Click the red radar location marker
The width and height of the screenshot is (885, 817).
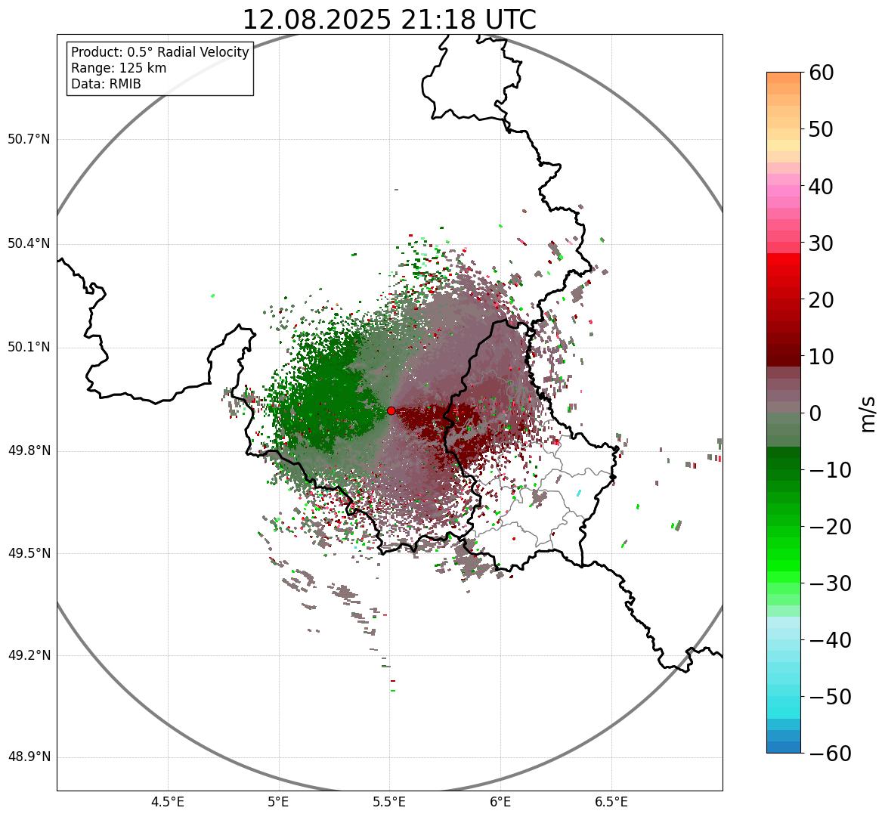[391, 410]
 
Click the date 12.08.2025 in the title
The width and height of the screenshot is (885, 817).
[317, 20]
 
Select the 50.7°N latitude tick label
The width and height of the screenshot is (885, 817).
[29, 140]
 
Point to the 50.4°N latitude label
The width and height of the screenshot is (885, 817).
[29, 244]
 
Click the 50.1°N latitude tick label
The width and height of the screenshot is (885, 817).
[29, 348]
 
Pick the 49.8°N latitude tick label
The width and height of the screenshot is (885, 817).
[29, 451]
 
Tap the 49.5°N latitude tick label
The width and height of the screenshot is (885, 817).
[29, 553]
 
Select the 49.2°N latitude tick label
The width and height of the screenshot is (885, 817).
[29, 655]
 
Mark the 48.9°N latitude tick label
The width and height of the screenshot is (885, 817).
[29, 757]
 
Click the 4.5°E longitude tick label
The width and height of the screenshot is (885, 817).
[168, 802]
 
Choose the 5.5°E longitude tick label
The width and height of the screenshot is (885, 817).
[389, 802]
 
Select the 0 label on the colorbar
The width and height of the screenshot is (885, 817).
[816, 413]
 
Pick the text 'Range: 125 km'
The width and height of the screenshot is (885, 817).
[119, 68]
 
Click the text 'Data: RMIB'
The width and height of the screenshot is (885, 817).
[106, 84]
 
